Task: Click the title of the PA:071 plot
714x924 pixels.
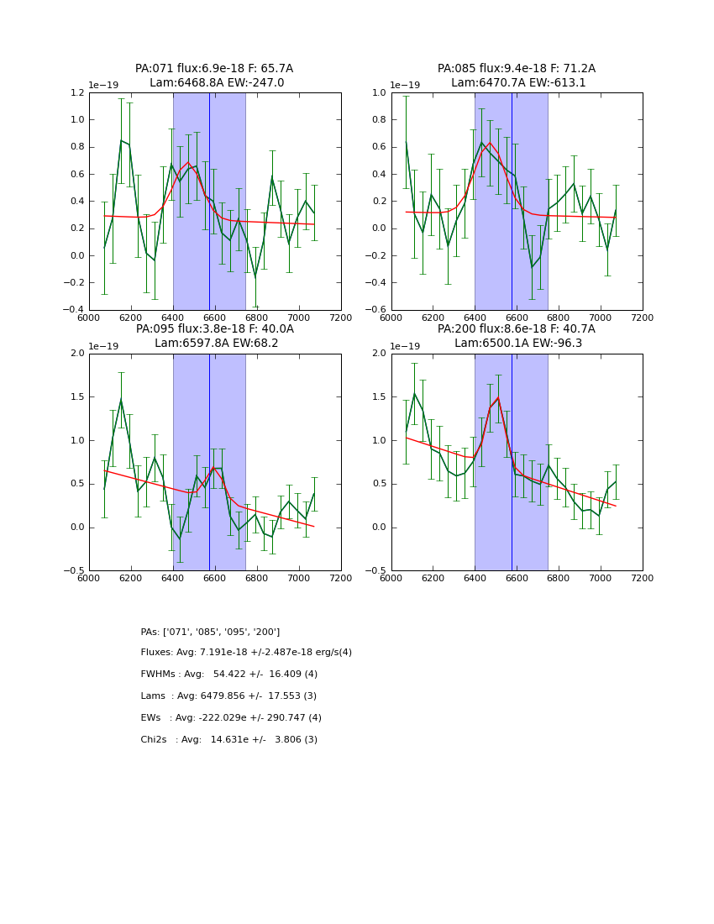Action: tap(214, 76)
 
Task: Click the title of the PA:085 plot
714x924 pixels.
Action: tap(517, 76)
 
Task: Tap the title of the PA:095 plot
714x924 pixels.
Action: tap(214, 336)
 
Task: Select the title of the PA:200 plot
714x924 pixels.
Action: tap(517, 336)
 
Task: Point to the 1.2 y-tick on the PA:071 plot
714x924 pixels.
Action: tap(76, 92)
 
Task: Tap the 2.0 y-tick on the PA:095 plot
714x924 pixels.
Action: tap(76, 354)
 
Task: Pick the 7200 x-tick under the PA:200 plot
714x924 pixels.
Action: tap(643, 578)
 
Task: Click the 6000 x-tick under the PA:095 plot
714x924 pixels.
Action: tap(88, 578)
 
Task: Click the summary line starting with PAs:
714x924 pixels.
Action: tap(210, 632)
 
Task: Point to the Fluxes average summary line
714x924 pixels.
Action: tap(246, 653)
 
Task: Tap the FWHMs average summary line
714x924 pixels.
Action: tap(228, 675)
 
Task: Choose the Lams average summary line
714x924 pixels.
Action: tap(228, 696)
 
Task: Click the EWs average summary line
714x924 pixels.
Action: tap(231, 718)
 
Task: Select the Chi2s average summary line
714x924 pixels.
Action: tap(228, 740)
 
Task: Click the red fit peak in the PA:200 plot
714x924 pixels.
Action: tap(497, 397)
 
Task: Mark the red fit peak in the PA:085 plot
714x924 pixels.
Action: tap(490, 143)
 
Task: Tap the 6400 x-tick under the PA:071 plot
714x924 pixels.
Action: tap(172, 318)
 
